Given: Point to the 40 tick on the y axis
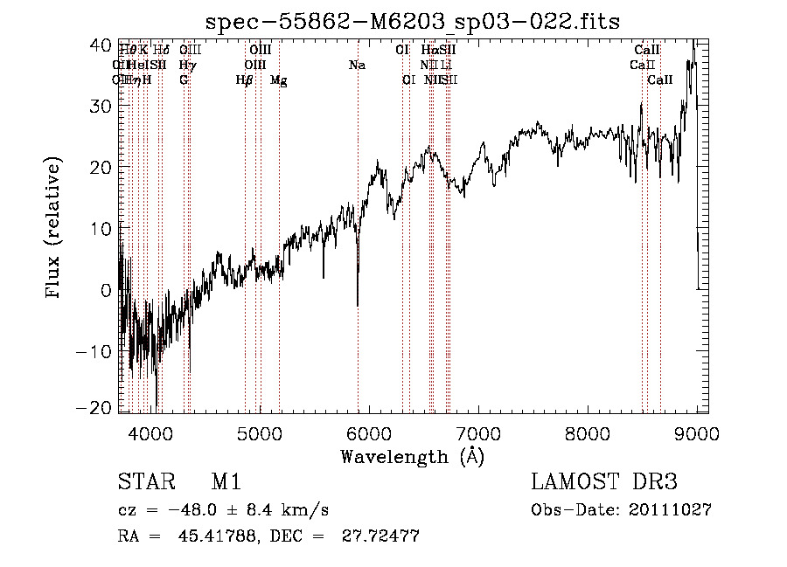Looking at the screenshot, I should (106, 45).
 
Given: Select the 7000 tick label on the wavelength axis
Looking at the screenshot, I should (477, 433).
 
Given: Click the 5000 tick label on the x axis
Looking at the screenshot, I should (259, 433).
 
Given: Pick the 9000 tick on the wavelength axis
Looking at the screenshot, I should (696, 433).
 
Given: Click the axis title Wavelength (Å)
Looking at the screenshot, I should (412, 456).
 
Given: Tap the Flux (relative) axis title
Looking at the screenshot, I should (54, 228).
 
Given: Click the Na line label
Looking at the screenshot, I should (357, 66).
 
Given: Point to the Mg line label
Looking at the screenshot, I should (278, 80).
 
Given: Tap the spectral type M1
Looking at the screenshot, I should (226, 483).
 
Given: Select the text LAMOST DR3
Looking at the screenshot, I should (604, 483).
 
